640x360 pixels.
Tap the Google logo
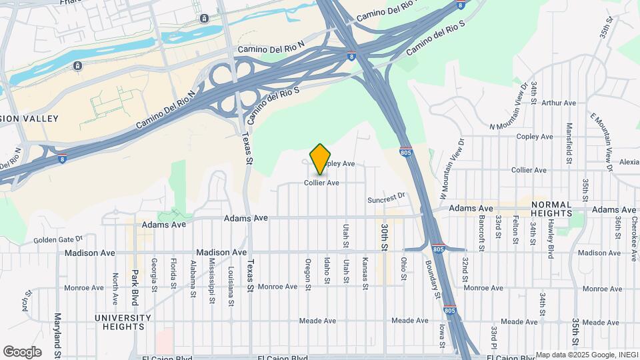(x=22, y=352)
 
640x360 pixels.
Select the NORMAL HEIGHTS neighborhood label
(x=551, y=209)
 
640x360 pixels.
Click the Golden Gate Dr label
(x=57, y=238)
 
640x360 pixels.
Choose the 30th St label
(x=385, y=237)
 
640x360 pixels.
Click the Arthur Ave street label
(x=559, y=103)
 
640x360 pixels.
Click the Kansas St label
(x=365, y=273)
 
